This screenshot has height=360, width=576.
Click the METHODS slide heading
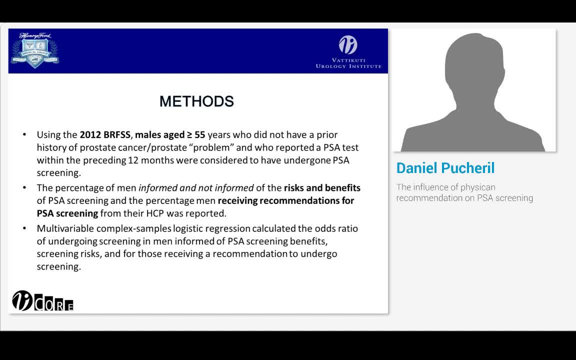coord(196,101)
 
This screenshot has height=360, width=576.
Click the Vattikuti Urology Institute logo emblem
coord(348,45)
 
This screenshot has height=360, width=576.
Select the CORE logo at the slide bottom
coord(43,301)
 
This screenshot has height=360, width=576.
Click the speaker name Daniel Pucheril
coord(445,168)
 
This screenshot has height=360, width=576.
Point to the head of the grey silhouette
coord(473,65)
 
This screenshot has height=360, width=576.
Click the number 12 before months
coord(133,160)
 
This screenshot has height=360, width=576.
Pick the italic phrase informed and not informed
coord(196,188)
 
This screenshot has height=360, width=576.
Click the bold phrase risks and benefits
coord(322,188)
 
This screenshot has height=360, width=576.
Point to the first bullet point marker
coord(24,135)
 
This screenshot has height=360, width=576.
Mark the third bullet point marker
coord(24,228)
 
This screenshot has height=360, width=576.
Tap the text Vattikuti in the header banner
coord(348,60)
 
